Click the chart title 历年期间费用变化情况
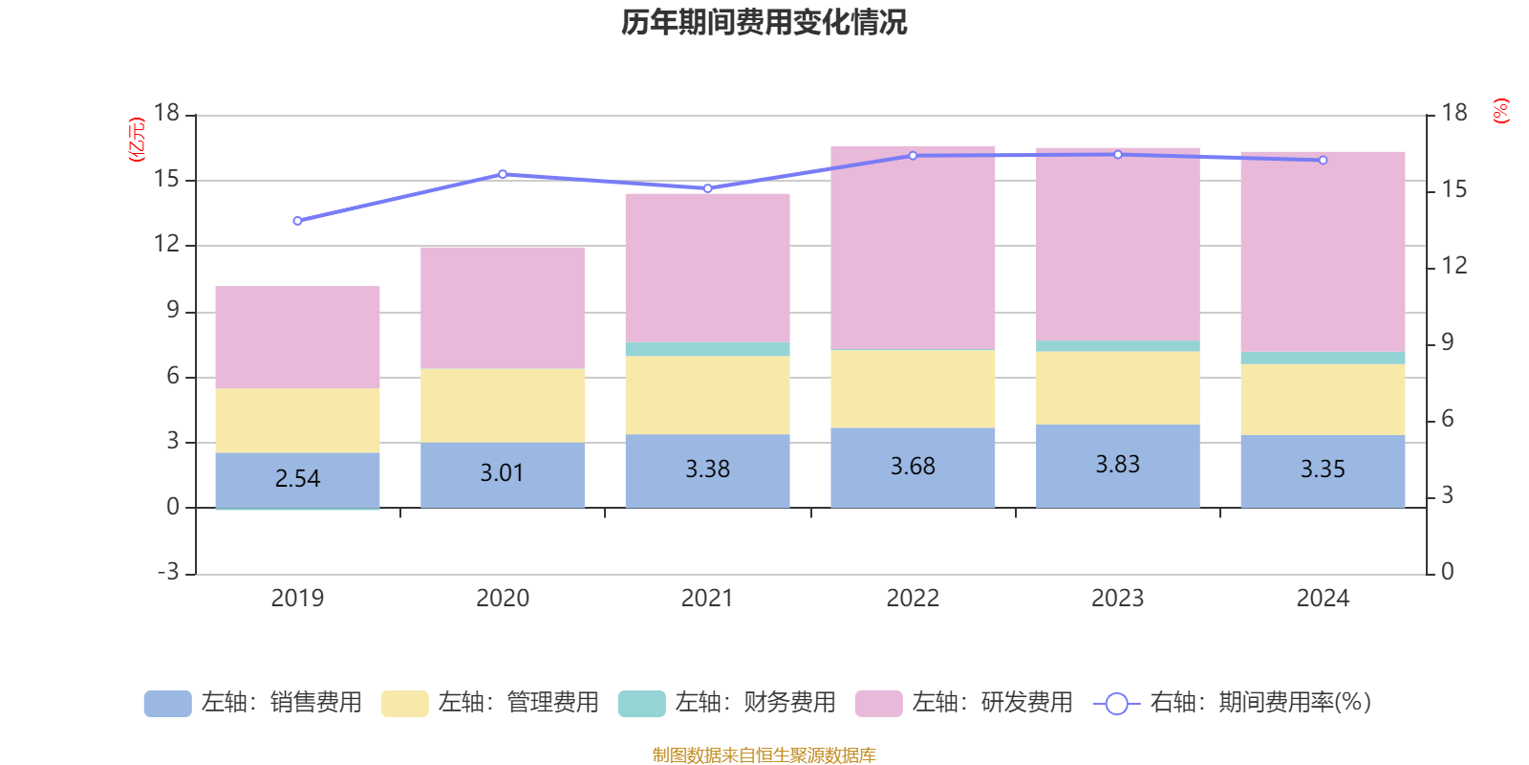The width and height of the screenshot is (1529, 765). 764,23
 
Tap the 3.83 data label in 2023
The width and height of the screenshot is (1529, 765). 1117,465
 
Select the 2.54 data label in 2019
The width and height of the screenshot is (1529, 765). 297,478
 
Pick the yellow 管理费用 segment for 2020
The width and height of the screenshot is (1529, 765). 503,405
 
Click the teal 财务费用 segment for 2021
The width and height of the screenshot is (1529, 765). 707,349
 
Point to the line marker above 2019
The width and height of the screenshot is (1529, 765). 297,221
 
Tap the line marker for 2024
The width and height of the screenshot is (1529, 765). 1323,161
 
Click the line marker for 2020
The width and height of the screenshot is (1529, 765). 503,174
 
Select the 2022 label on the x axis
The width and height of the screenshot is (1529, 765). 913,599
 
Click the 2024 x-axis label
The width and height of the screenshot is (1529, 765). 1323,599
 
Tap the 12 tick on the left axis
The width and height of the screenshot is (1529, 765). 167,245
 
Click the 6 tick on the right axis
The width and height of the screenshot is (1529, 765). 1447,419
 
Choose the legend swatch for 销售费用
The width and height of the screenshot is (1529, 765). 167,704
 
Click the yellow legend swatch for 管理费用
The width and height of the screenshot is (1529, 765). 404,704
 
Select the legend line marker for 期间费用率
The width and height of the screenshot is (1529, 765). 1116,704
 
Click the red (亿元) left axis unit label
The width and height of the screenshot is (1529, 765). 138,140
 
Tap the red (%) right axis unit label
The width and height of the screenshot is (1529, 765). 1501,111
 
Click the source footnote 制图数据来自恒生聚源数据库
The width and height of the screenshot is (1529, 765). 764,755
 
